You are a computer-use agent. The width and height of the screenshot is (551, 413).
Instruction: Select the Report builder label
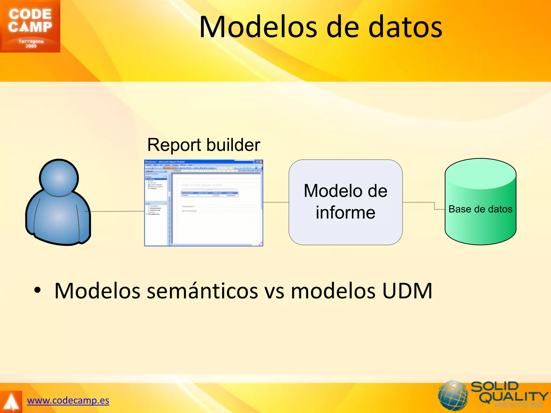(x=204, y=145)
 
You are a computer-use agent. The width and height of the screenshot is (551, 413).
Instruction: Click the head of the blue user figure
(x=59, y=178)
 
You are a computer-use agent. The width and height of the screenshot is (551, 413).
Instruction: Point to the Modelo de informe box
(x=345, y=202)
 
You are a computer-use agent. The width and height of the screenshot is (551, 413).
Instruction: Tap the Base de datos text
(x=481, y=209)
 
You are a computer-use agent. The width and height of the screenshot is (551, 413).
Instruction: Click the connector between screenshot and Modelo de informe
(x=276, y=202)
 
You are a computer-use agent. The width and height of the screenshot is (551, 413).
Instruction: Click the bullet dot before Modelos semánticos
(x=37, y=290)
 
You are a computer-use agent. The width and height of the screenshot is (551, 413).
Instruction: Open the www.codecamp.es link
(x=68, y=400)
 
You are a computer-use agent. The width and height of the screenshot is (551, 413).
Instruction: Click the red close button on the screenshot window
(x=261, y=162)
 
